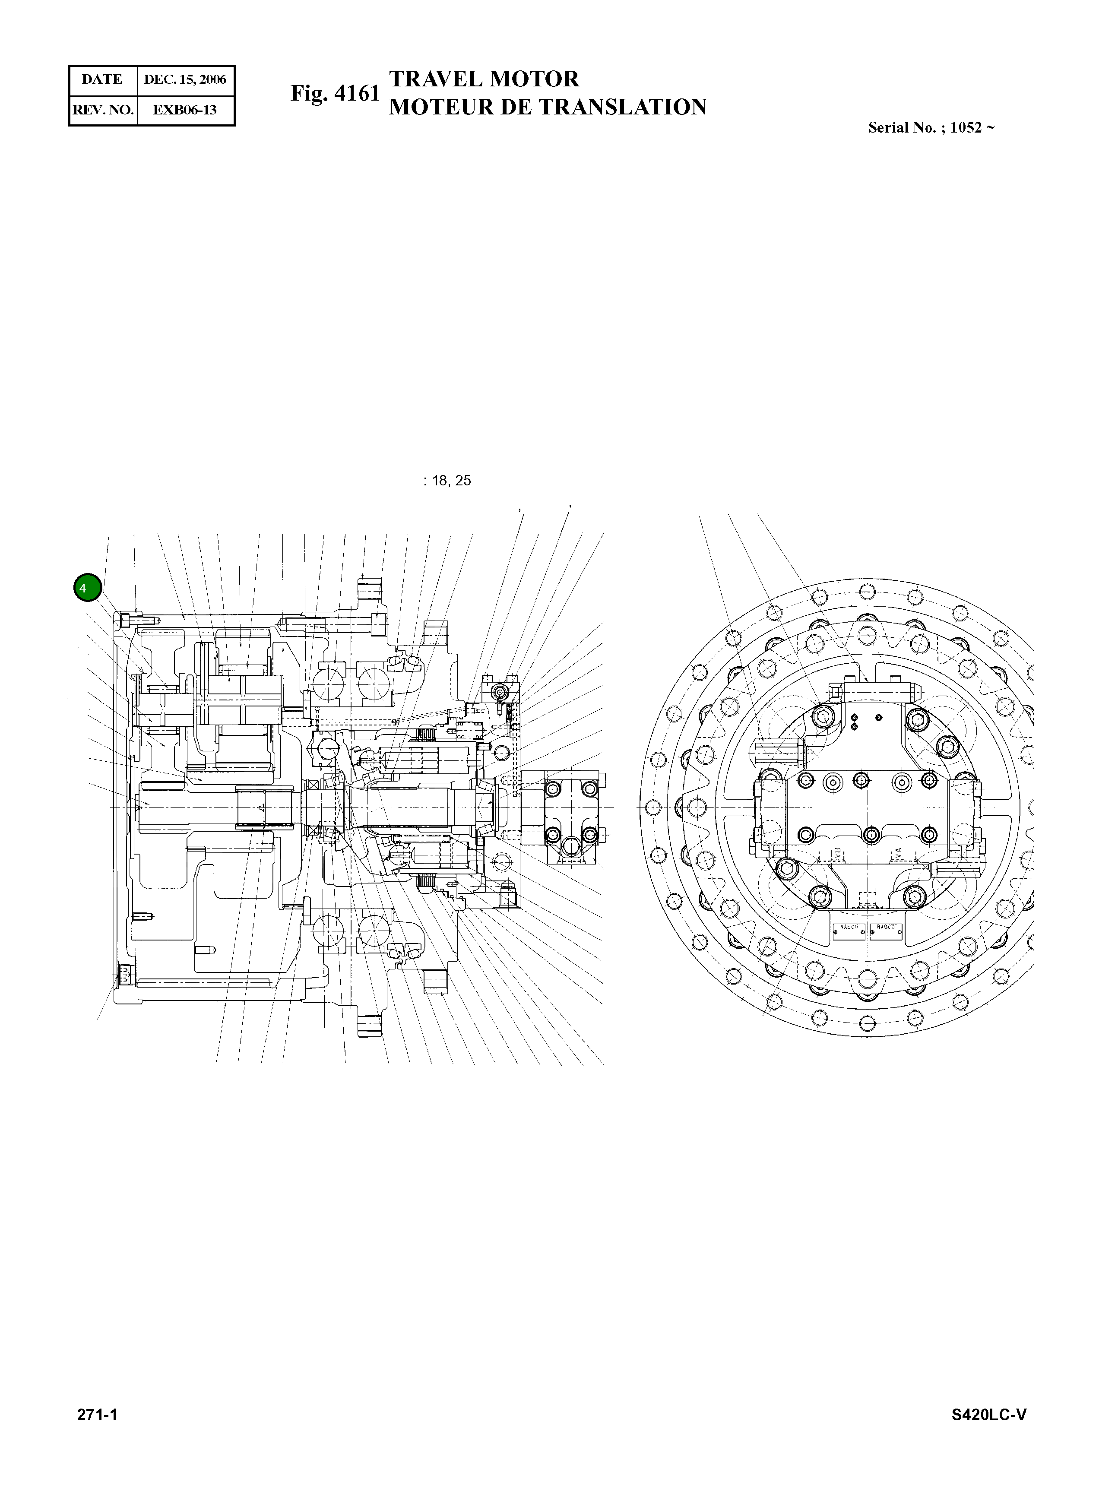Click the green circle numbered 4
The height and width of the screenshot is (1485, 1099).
87,588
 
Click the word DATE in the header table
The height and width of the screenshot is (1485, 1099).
102,79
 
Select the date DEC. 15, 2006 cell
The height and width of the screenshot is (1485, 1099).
185,79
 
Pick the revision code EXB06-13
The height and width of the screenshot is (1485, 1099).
185,110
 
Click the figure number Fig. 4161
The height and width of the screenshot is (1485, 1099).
335,93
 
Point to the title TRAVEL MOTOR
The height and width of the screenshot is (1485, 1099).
484,79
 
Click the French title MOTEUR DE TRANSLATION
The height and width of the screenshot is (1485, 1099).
548,107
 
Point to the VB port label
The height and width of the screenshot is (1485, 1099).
837,854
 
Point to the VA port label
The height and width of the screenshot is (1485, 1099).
897,854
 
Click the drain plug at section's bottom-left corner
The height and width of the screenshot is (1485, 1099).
123,976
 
